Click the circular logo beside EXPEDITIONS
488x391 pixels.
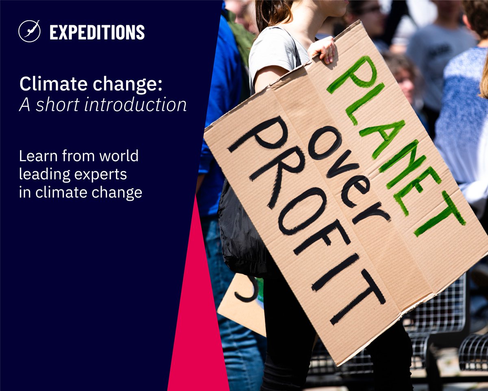(29, 31)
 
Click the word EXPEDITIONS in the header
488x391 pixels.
(97, 32)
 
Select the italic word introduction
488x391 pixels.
(137, 105)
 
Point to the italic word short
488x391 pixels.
(57, 105)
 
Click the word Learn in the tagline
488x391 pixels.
(35, 156)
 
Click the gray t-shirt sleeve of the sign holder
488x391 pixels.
(268, 57)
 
